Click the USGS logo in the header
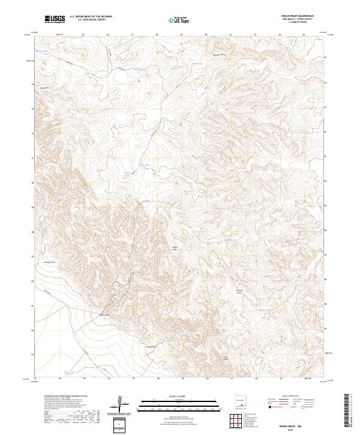(x=55, y=19)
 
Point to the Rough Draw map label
(x=151, y=346)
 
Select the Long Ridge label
(x=226, y=358)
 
